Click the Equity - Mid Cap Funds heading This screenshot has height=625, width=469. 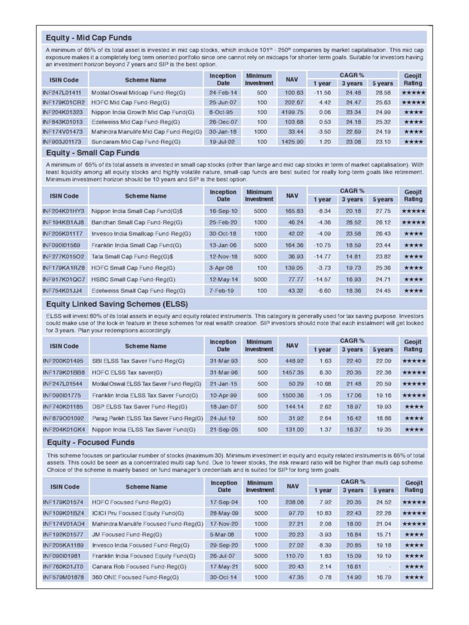[89, 38]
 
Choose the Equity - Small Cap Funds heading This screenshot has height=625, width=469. [92, 153]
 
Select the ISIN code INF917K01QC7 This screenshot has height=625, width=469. [63, 279]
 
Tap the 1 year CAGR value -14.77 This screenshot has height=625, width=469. [321, 256]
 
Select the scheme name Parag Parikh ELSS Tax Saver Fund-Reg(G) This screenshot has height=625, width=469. [147, 418]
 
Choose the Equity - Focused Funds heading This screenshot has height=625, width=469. [90, 442]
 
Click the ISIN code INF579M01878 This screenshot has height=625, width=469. [63, 577]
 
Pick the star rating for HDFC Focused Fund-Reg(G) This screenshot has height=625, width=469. [413, 502]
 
